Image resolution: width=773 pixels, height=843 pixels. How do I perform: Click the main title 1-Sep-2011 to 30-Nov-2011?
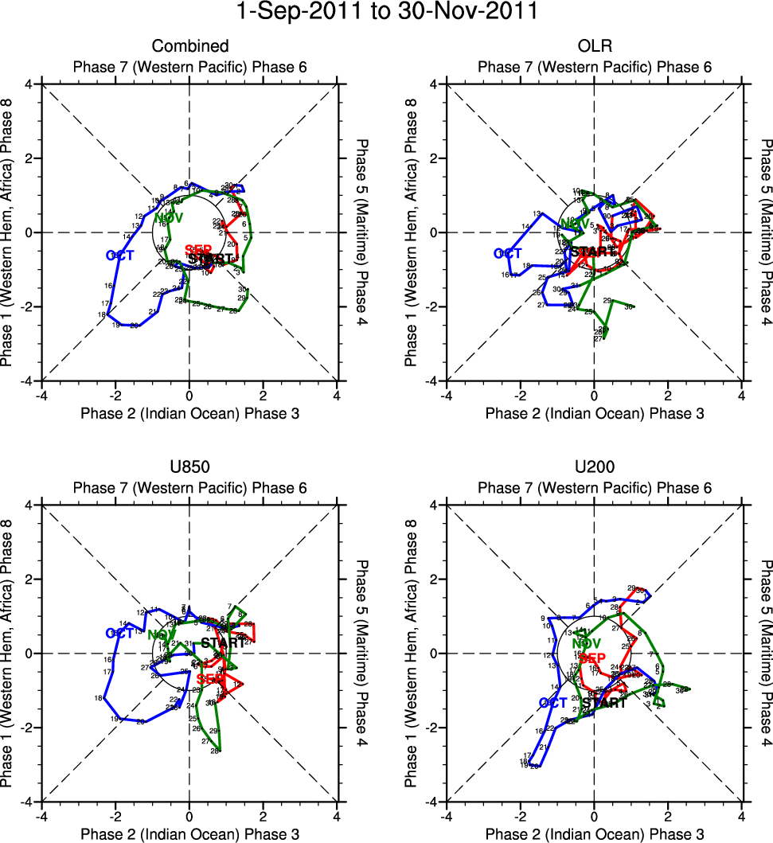(x=386, y=12)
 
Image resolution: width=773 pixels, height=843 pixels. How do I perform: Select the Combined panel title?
(x=189, y=46)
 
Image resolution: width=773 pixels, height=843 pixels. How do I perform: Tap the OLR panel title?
(x=594, y=46)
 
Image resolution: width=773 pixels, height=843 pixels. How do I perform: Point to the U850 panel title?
(x=189, y=468)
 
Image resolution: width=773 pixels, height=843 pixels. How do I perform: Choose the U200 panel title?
(x=594, y=468)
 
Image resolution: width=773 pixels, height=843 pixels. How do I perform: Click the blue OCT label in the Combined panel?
(x=119, y=256)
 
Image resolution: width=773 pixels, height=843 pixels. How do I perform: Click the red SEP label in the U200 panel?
(x=593, y=658)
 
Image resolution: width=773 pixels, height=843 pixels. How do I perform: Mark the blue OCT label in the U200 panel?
(x=553, y=703)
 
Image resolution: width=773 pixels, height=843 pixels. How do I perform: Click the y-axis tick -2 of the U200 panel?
(x=434, y=728)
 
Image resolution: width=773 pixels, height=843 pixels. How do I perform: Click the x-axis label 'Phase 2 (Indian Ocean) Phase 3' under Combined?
(x=189, y=412)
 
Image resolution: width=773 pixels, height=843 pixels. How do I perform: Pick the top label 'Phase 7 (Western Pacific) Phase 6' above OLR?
(x=594, y=67)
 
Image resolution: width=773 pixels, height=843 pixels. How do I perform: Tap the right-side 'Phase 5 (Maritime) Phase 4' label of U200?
(x=764, y=653)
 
